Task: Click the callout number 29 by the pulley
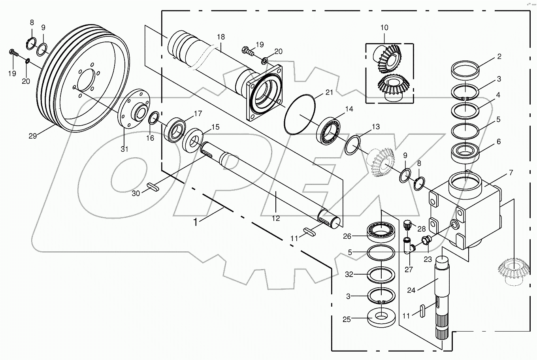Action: (x=32, y=136)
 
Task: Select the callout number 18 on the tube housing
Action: (x=220, y=37)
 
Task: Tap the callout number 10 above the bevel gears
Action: (x=384, y=28)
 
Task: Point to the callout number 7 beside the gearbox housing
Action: (x=511, y=173)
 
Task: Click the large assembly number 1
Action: (x=195, y=222)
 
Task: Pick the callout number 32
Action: (x=349, y=274)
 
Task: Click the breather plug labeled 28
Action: (x=407, y=225)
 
